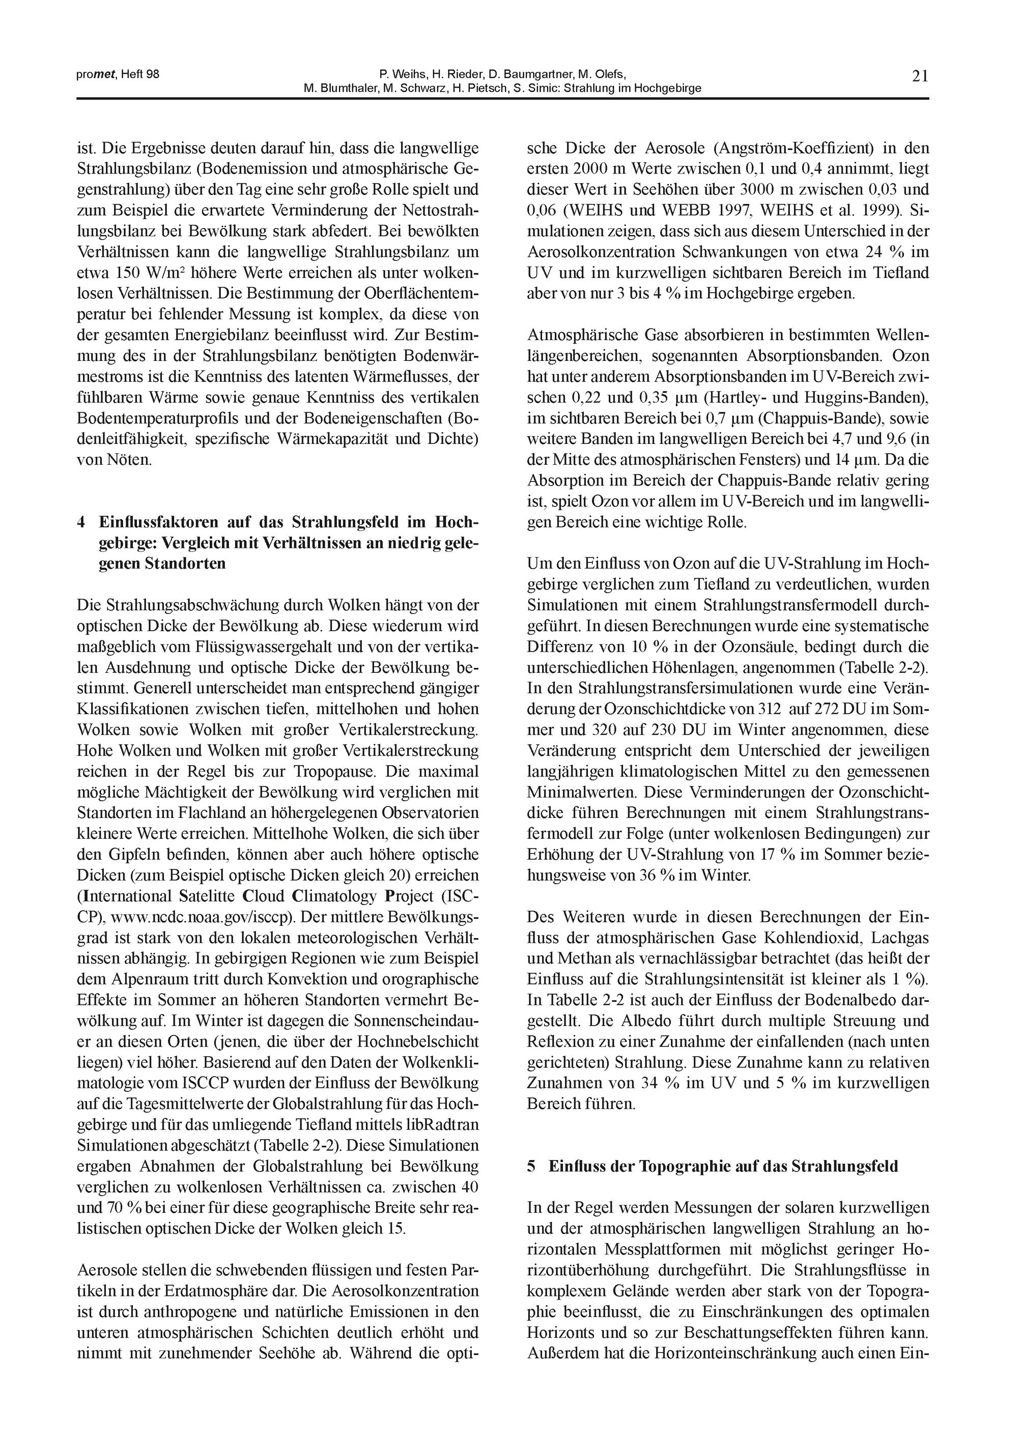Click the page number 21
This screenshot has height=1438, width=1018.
point(920,76)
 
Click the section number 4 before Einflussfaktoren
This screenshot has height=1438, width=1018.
point(81,522)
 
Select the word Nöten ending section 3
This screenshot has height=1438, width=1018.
point(128,460)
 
